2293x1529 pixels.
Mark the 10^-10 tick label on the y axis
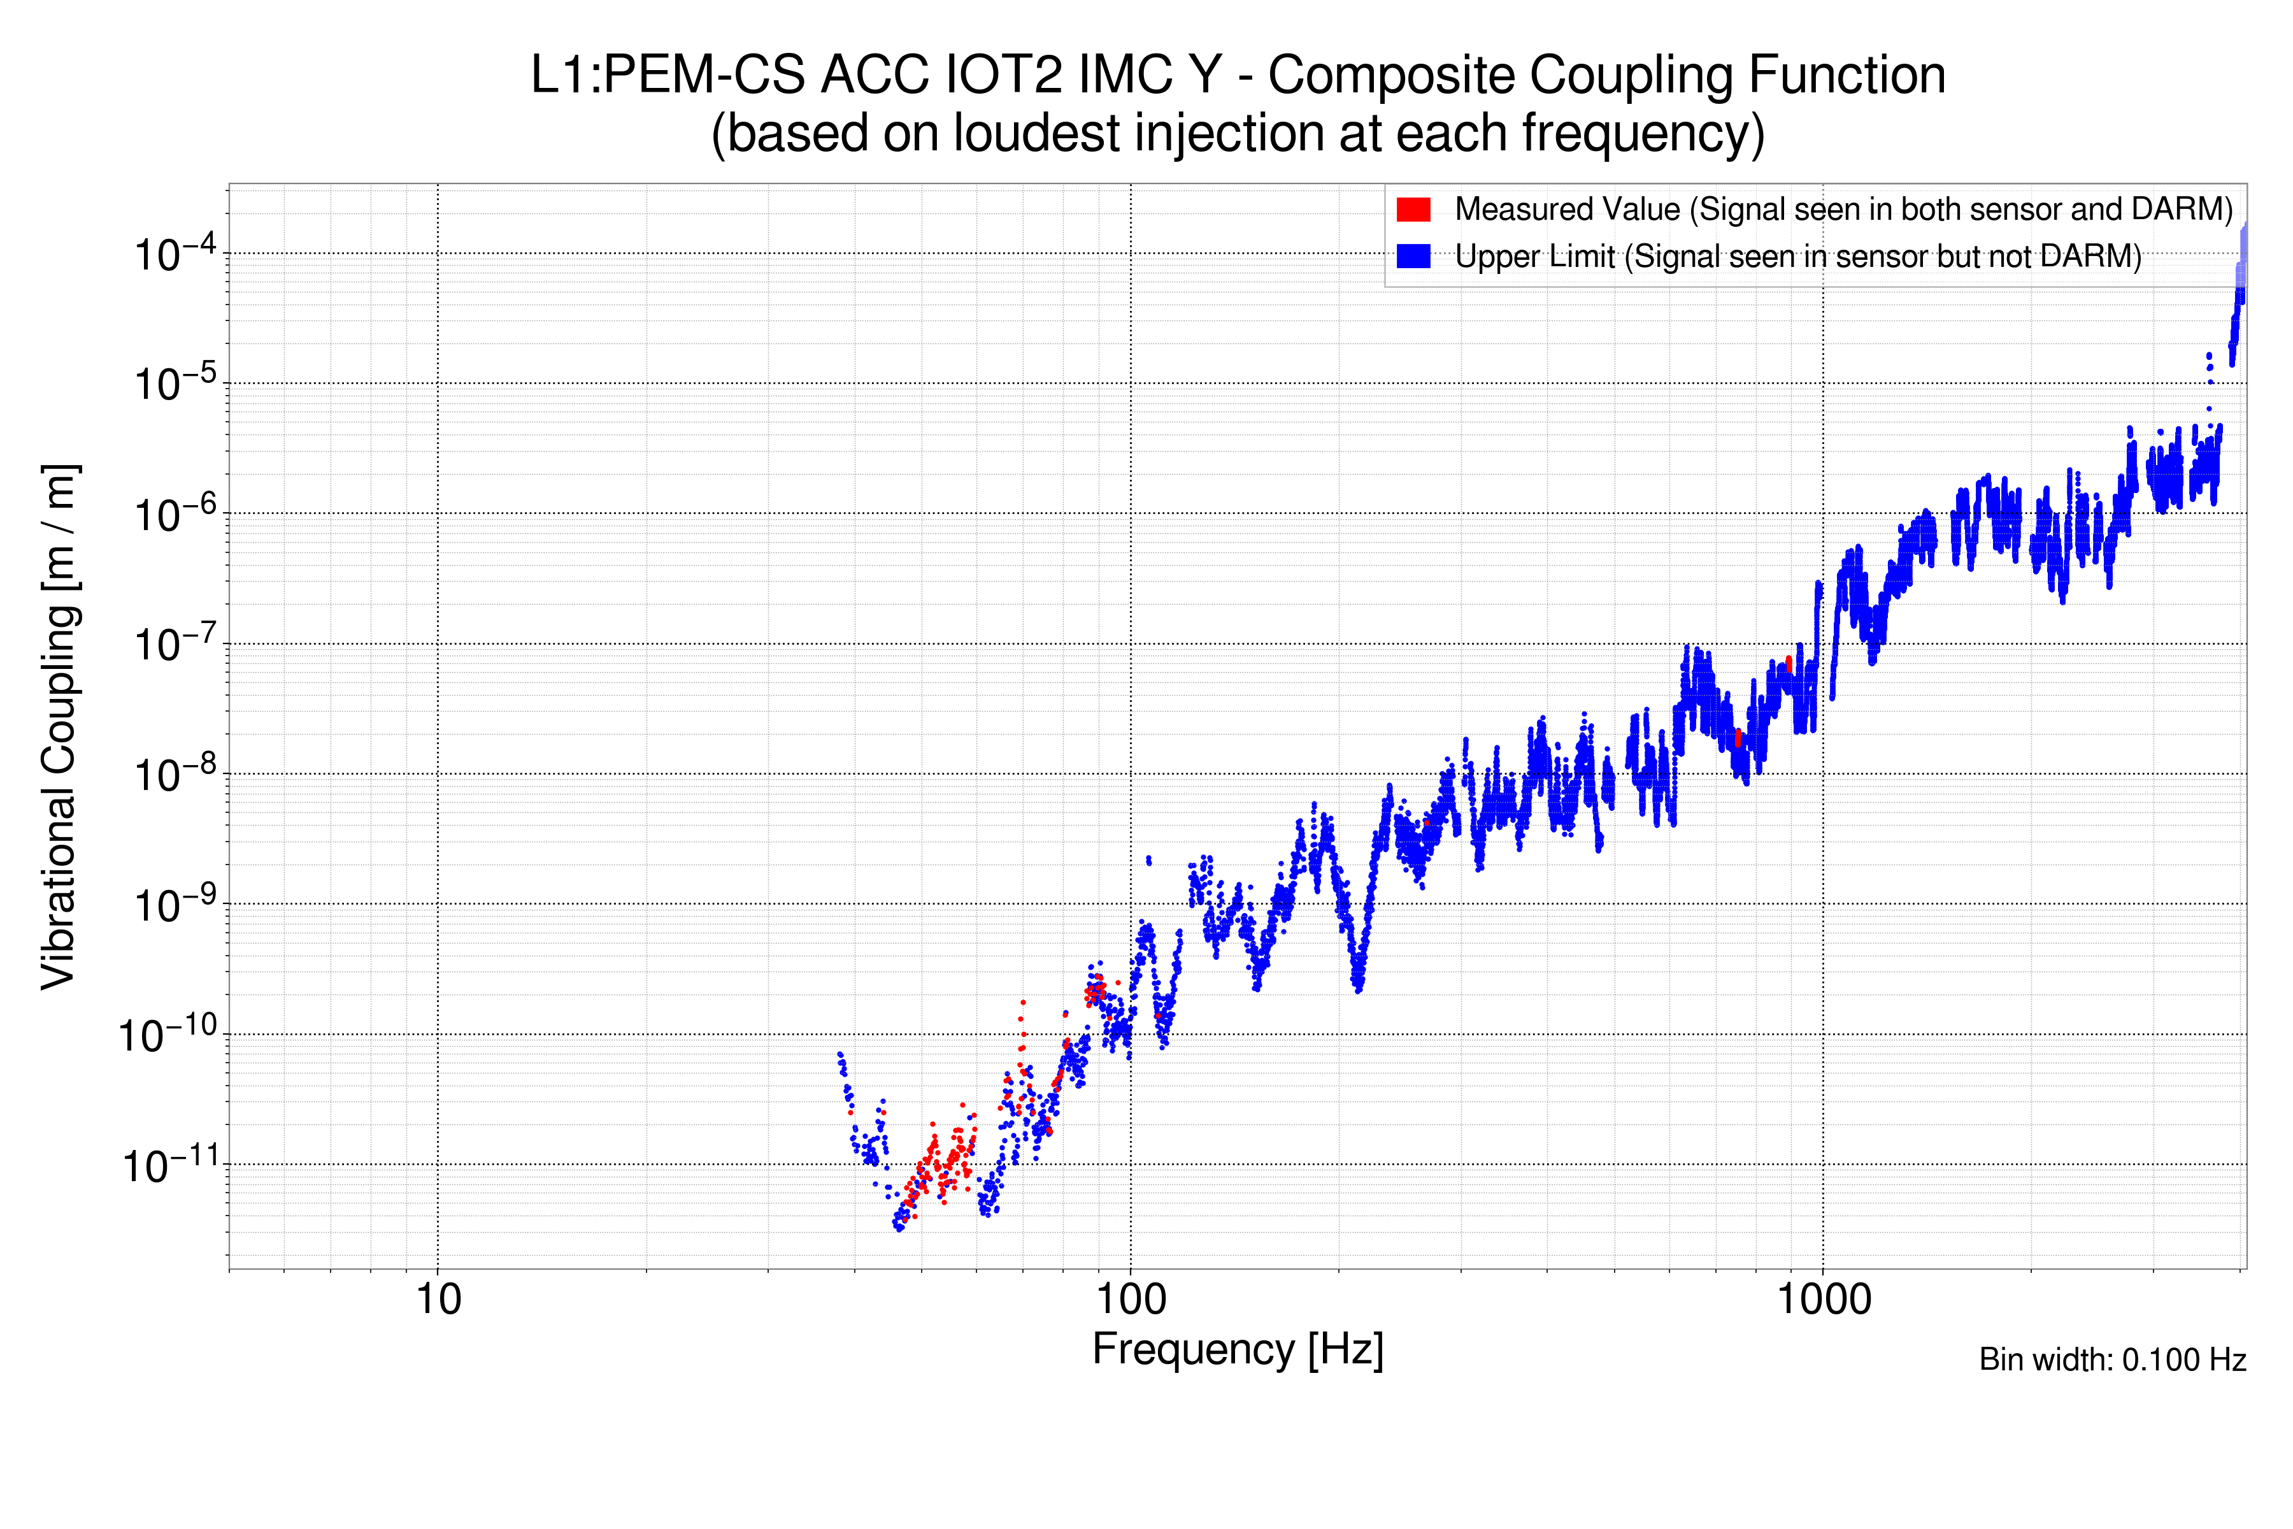[x=168, y=1036]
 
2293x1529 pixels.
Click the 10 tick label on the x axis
[x=438, y=1300]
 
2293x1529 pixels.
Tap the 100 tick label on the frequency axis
[x=1131, y=1300]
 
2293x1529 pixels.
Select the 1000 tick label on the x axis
[x=1823, y=1300]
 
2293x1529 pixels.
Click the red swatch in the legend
[x=1413, y=210]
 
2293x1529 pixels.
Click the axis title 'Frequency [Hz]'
[x=1237, y=1351]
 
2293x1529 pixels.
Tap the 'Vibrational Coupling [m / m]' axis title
[x=59, y=726]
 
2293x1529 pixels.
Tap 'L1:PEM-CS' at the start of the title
[x=667, y=76]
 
